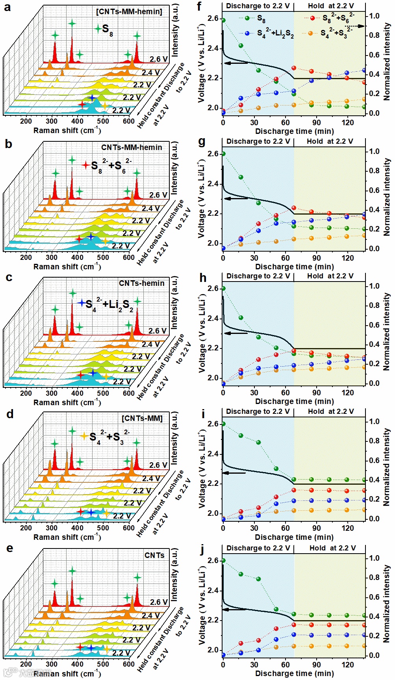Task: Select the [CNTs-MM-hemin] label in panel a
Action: pyautogui.click(x=129, y=11)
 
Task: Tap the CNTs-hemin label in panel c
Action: pyautogui.click(x=141, y=283)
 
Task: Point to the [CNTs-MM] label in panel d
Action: pyautogui.click(x=142, y=418)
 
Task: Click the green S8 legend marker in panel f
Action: pyautogui.click(x=247, y=18)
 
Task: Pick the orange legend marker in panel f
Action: pyautogui.click(x=310, y=33)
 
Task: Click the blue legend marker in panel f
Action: pyautogui.click(x=247, y=33)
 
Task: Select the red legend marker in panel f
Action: pyautogui.click(x=312, y=18)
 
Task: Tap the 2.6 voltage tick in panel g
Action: pyautogui.click(x=213, y=154)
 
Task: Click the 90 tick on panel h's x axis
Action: pyautogui.click(x=317, y=392)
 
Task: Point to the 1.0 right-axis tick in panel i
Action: pyautogui.click(x=374, y=421)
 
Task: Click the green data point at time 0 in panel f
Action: pyautogui.click(x=223, y=20)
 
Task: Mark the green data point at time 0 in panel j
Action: pyautogui.click(x=223, y=560)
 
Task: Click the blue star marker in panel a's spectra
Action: pyautogui.click(x=92, y=97)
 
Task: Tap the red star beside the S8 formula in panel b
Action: pyautogui.click(x=85, y=165)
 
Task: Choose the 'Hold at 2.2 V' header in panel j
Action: pyautogui.click(x=332, y=548)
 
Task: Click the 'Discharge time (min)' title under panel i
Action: pyautogui.click(x=294, y=537)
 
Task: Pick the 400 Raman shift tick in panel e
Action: pyautogui.click(x=78, y=664)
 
